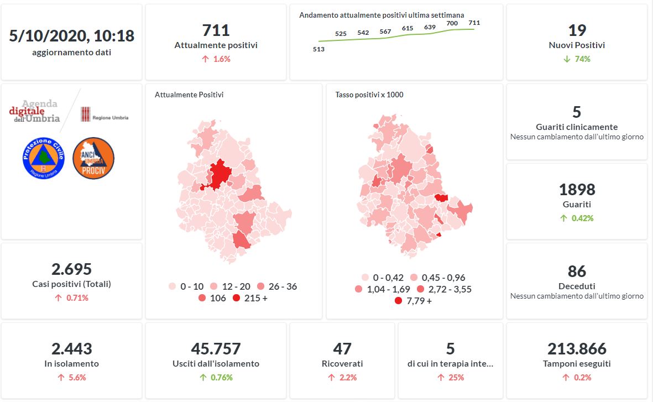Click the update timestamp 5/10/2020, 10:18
[72, 36]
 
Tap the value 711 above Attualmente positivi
[216, 30]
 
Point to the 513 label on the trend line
[318, 49]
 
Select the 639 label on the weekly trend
[430, 27]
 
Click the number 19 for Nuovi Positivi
[577, 30]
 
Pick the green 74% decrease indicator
[577, 59]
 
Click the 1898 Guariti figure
[577, 190]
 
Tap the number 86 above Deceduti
[577, 272]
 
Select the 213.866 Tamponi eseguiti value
[577, 349]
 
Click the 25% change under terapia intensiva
[451, 378]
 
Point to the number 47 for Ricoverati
[342, 349]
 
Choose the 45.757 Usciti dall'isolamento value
[216, 349]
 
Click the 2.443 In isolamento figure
[72, 349]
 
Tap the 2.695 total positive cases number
[72, 269]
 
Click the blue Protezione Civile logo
[44, 158]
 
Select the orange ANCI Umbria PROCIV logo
[93, 158]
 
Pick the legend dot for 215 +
[237, 299]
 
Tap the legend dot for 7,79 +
[398, 301]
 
